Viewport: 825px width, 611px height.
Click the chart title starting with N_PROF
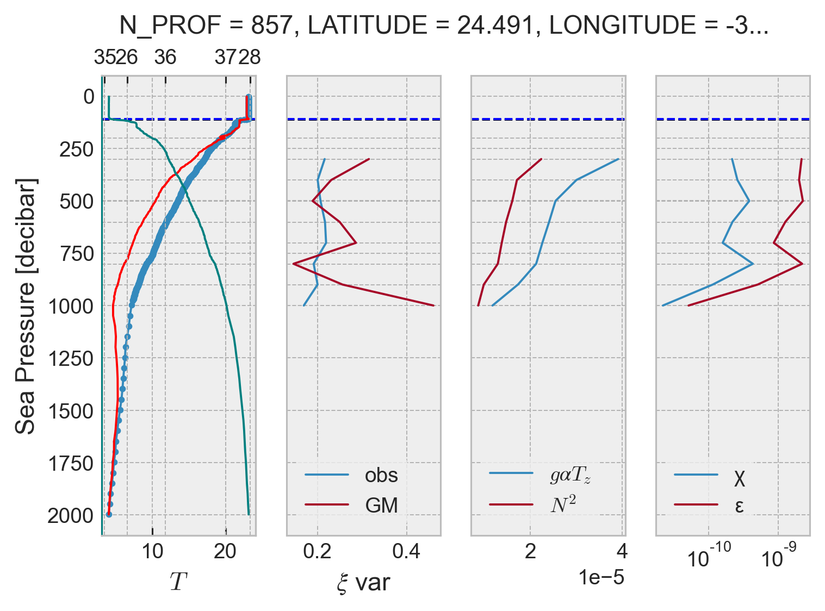[443, 26]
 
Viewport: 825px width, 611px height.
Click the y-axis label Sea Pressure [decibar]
[26, 305]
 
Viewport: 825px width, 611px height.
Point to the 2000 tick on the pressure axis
[71, 515]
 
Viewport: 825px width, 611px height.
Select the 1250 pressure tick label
[71, 359]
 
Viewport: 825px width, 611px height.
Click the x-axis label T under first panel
[178, 582]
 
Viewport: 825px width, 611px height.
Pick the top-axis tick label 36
[165, 57]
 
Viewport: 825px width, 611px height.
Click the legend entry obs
[381, 475]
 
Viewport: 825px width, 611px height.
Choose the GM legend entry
[381, 506]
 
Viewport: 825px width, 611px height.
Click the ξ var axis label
[363, 583]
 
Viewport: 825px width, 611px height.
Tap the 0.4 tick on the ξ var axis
[406, 552]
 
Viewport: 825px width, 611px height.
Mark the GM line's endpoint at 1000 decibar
[433, 305]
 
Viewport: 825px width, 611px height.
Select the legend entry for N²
[563, 505]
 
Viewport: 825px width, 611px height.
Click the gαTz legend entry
[570, 476]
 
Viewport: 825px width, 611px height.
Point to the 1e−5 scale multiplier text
[601, 578]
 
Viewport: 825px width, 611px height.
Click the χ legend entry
[739, 478]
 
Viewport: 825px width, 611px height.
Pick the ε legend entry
[739, 506]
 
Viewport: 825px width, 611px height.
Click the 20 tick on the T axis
[226, 552]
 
